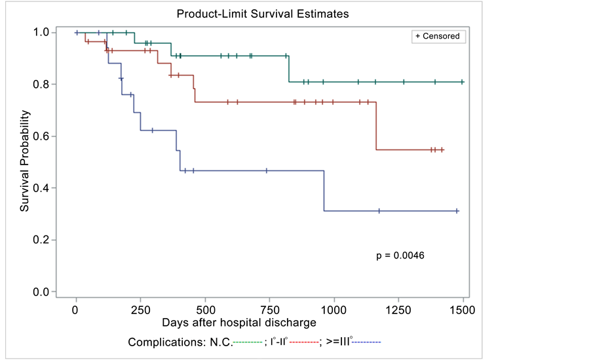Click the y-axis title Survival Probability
tap(25, 161)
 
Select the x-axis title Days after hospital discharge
tap(239, 323)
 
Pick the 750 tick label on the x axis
tap(270, 310)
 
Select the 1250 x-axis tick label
tap(398, 310)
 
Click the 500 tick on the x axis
tap(205, 310)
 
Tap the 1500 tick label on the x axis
tap(463, 310)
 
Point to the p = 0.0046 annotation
tap(400, 255)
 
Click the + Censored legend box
tap(438, 37)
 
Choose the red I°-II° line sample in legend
tap(303, 342)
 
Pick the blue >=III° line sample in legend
tap(367, 342)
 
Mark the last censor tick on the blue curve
tap(457, 211)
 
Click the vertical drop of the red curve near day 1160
tap(376, 126)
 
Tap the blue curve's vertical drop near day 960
tap(324, 191)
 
